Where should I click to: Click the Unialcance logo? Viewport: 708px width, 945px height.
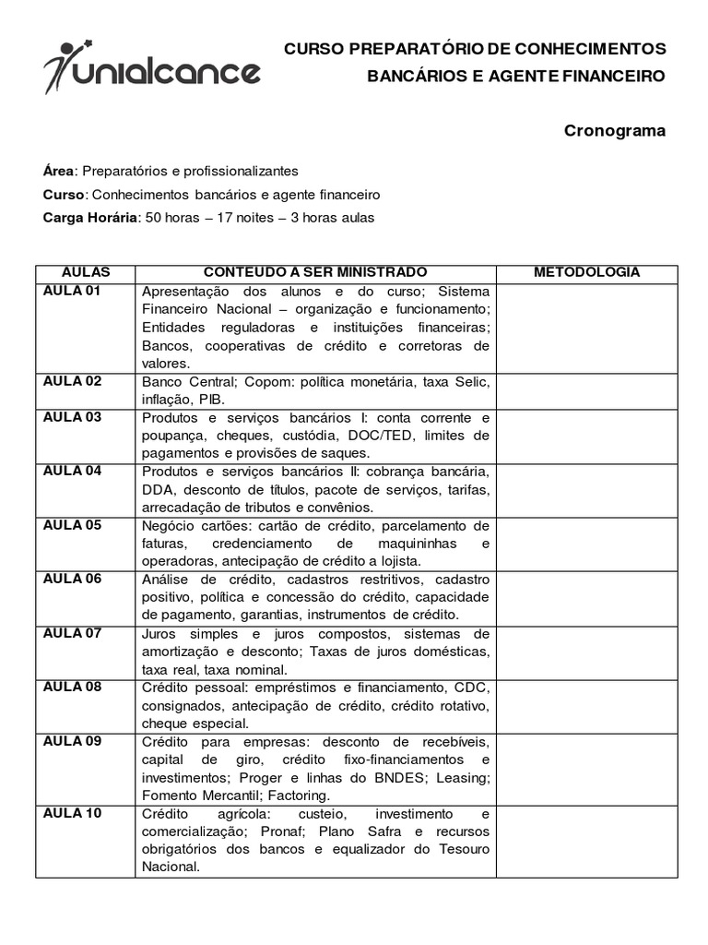pyautogui.click(x=152, y=66)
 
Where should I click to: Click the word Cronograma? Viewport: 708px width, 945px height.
pyautogui.click(x=614, y=131)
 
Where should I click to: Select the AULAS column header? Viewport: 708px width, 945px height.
pyautogui.click(x=86, y=272)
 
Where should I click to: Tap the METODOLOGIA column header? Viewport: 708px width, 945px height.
pyautogui.click(x=587, y=272)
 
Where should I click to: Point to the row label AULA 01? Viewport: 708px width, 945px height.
pyautogui.click(x=73, y=291)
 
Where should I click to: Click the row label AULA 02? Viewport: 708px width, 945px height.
pyautogui.click(x=73, y=381)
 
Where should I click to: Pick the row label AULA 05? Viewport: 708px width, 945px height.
pyautogui.click(x=73, y=525)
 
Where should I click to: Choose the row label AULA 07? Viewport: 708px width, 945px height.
pyautogui.click(x=73, y=633)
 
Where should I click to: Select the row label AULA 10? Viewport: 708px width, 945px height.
pyautogui.click(x=73, y=813)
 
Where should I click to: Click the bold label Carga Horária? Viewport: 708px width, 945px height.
pyautogui.click(x=88, y=218)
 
